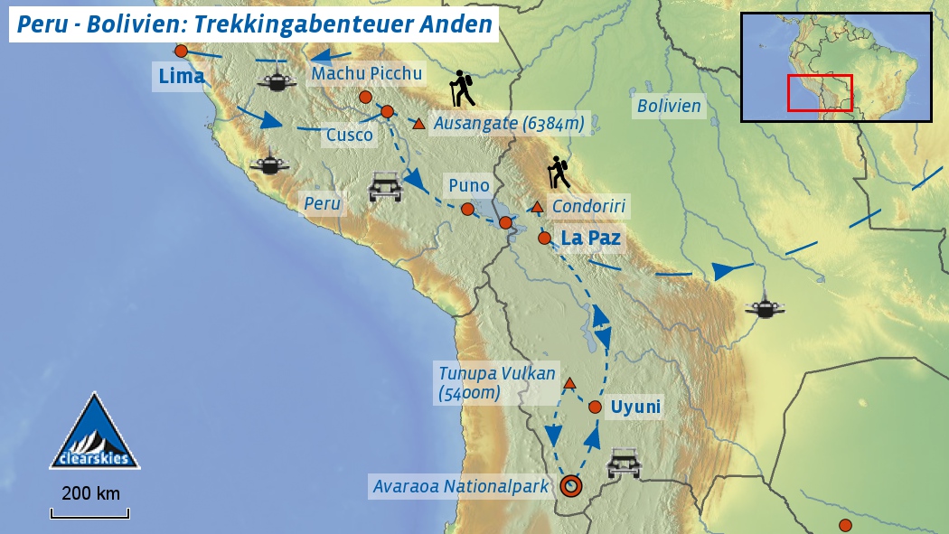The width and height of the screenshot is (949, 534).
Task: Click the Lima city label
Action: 182,77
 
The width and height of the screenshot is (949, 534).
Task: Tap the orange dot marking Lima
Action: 181,52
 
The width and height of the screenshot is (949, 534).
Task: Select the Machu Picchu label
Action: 366,74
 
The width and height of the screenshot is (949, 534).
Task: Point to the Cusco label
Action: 349,136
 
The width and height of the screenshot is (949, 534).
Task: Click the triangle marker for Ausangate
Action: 418,124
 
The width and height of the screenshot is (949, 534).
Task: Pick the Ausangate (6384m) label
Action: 509,123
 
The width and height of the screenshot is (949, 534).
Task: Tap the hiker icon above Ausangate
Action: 463,89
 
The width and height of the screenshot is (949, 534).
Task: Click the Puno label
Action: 469,186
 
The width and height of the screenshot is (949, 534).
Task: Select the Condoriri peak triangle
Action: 537,208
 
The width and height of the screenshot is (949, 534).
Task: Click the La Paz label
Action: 590,239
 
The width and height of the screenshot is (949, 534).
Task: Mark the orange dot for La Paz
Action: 544,239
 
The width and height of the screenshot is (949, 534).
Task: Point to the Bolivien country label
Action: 669,107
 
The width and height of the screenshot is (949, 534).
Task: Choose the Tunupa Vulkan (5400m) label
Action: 496,383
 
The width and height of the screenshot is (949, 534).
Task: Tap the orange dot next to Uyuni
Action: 595,408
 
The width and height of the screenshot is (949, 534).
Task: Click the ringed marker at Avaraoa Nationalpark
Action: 570,486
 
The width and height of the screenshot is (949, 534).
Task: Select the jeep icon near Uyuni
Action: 624,464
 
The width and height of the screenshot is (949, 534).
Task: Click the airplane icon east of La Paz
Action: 765,308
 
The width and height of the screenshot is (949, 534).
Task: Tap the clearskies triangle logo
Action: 94,433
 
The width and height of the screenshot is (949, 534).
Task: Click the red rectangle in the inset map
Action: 820,93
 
